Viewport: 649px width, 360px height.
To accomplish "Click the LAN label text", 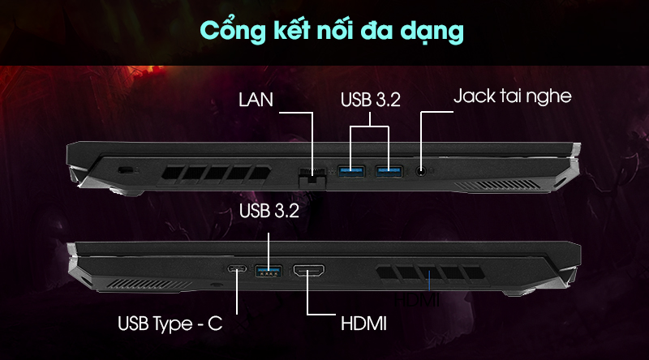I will (256, 101).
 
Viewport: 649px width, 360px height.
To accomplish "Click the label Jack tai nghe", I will (512, 96).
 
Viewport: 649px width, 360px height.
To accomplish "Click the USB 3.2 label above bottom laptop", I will (270, 212).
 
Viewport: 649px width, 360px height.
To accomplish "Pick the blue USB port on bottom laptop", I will (269, 271).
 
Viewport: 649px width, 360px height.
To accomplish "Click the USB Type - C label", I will (170, 325).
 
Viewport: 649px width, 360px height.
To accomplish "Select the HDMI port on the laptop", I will (309, 272).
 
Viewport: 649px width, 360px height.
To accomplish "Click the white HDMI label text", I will (361, 325).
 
